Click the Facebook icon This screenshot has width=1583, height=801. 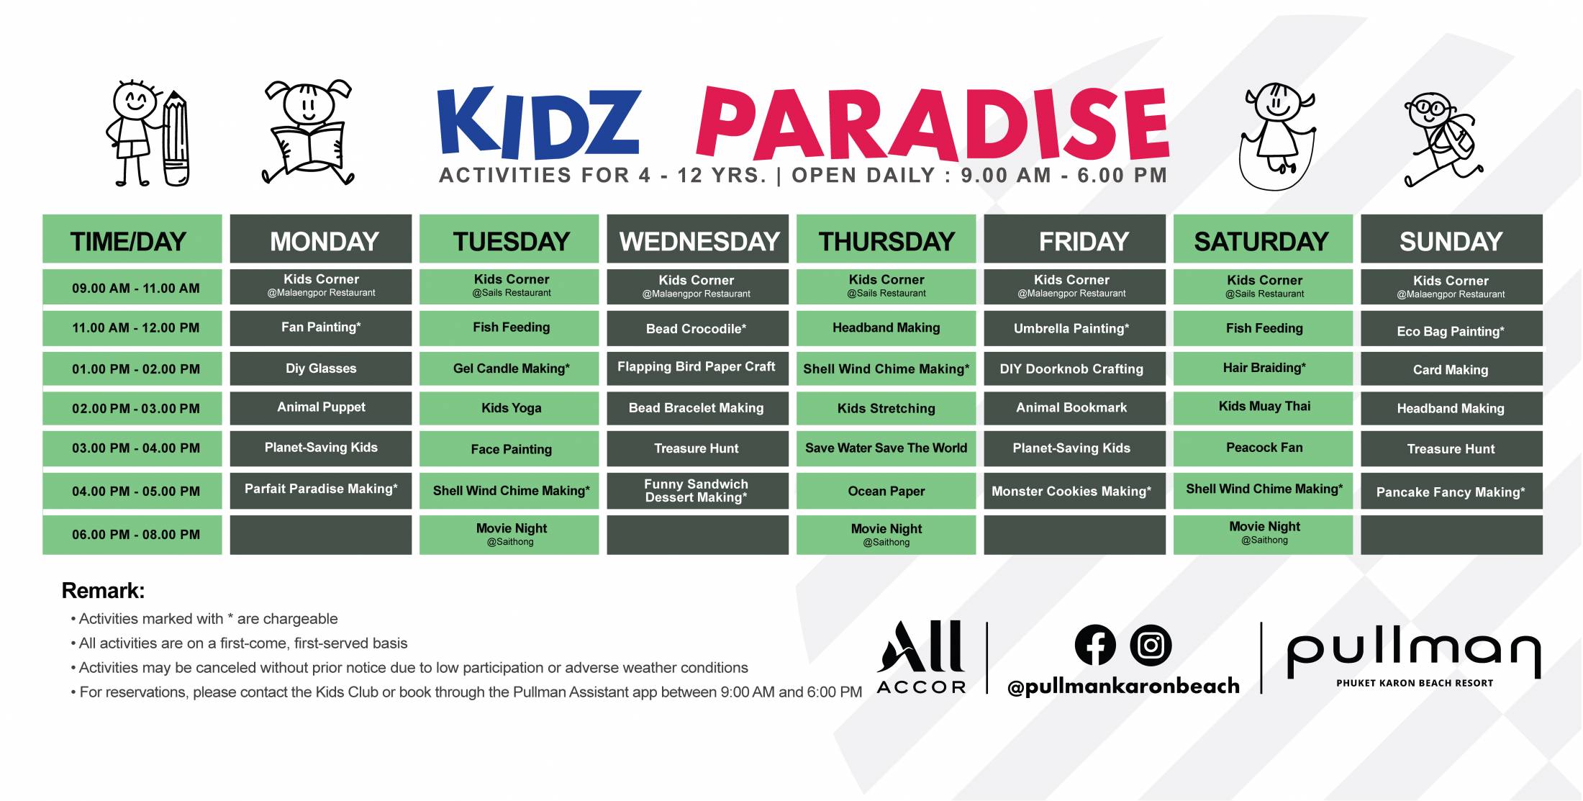(1095, 645)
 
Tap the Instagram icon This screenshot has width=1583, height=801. (1151, 645)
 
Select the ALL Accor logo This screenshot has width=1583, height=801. (921, 657)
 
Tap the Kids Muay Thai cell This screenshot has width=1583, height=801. (1264, 407)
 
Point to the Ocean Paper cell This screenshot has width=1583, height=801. (886, 491)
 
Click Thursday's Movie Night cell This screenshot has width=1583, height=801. (886, 534)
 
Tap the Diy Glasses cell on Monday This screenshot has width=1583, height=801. (321, 368)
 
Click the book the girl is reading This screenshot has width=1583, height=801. (309, 148)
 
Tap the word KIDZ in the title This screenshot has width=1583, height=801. (539, 122)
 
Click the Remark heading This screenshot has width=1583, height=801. (103, 591)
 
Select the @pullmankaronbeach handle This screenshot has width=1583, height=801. (1124, 687)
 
